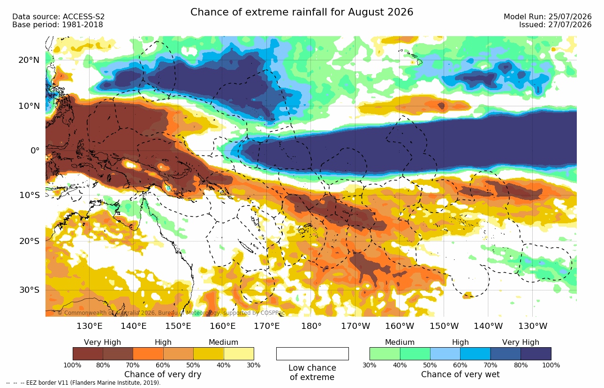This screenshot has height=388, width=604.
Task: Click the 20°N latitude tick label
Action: coord(29,60)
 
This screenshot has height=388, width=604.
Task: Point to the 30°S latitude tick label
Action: coord(30,290)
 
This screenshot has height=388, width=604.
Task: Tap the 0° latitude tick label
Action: coord(35,151)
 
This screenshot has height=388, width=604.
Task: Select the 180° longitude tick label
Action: coord(311,326)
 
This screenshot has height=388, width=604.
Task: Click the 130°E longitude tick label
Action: coord(90,326)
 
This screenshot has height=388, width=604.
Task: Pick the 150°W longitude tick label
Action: coord(444,326)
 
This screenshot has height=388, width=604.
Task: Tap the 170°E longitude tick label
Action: coord(267,326)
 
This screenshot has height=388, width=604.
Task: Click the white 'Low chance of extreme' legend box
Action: coord(312,354)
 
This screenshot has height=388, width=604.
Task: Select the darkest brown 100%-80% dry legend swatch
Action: coord(88,354)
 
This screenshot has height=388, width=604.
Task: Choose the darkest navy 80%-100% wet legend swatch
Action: coord(536,354)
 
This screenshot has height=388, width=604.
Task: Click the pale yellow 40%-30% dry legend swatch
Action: coord(239,354)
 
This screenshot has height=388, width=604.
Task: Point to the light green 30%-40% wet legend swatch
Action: coord(385,354)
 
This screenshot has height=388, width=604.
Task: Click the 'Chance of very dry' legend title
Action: coord(163,374)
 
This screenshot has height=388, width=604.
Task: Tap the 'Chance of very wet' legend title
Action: coord(461,374)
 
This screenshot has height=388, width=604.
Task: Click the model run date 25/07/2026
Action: coord(570,17)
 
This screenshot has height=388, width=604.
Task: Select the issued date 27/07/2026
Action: coord(570,25)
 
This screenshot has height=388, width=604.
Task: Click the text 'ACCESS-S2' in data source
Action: coord(83,17)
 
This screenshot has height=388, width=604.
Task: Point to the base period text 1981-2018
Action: coord(83,25)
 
